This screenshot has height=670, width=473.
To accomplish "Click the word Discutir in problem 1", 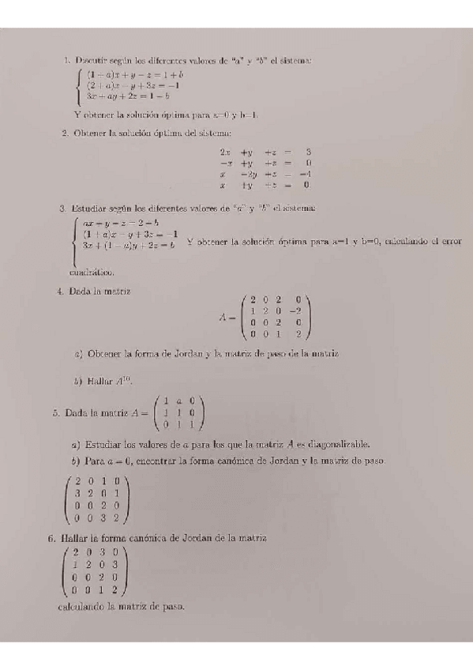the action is [92, 60].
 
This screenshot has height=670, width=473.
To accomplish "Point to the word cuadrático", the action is [92, 272].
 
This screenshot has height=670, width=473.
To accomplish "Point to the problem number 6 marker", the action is [50, 538].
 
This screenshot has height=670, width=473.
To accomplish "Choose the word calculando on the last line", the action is [81, 607].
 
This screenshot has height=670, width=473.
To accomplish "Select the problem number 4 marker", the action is [60, 291].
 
